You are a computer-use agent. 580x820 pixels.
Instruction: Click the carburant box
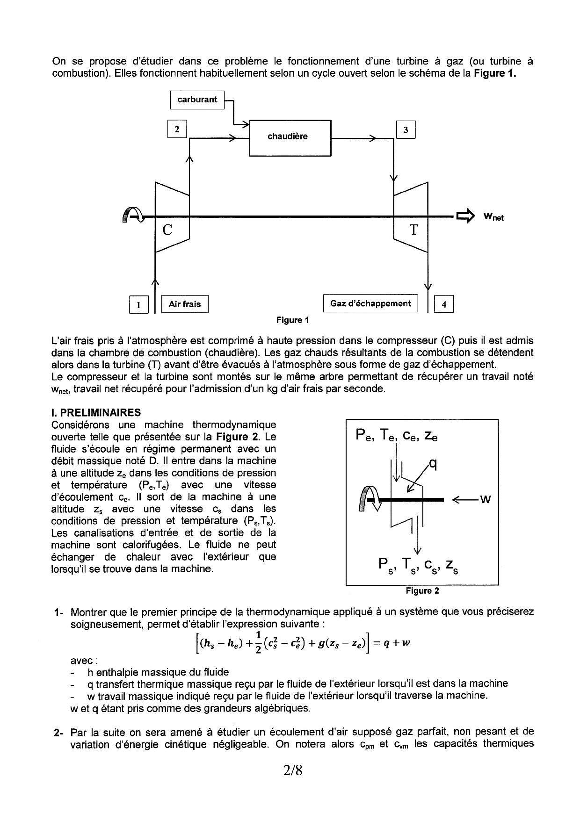(197, 100)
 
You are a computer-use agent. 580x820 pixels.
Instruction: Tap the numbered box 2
(177, 130)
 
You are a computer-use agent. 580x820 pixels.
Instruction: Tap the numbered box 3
(406, 130)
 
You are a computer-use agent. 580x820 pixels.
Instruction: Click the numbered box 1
(138, 305)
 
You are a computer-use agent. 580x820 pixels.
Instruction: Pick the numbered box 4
(444, 305)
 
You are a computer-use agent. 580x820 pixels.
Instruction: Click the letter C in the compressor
(167, 230)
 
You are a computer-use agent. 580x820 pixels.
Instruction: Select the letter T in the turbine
(413, 230)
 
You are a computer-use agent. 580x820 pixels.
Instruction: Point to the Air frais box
(184, 304)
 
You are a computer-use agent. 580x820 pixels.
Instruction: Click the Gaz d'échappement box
(370, 304)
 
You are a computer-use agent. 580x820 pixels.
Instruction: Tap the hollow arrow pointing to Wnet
(465, 216)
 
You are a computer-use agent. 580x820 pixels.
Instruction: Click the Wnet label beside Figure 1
(493, 217)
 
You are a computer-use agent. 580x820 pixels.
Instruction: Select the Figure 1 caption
(292, 320)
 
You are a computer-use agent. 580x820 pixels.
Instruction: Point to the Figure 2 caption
(422, 591)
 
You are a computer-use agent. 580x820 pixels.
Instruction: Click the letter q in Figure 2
(433, 465)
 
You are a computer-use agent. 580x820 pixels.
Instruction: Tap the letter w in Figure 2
(486, 500)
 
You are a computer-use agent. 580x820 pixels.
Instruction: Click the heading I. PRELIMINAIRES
(95, 413)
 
